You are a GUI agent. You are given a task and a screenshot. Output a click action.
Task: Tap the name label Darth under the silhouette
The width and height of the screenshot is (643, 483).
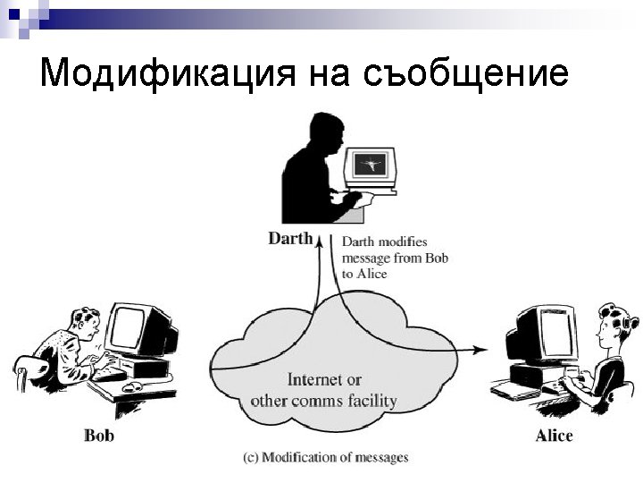click(290, 238)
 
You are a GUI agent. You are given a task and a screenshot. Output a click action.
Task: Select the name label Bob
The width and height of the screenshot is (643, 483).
click(98, 436)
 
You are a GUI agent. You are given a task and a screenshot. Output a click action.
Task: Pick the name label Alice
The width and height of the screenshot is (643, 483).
click(554, 436)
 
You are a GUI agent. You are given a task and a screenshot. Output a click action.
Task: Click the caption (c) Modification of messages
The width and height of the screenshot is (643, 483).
click(325, 457)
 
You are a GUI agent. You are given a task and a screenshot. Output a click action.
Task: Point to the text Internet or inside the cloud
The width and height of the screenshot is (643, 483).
click(324, 380)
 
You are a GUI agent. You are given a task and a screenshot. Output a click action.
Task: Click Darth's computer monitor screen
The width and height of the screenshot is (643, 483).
click(370, 164)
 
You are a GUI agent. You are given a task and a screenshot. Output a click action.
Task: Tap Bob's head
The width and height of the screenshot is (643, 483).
click(74, 318)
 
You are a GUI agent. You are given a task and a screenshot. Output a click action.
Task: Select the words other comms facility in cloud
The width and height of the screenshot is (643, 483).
click(323, 400)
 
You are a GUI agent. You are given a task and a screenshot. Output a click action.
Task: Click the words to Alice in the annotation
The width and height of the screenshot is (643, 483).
click(364, 273)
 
